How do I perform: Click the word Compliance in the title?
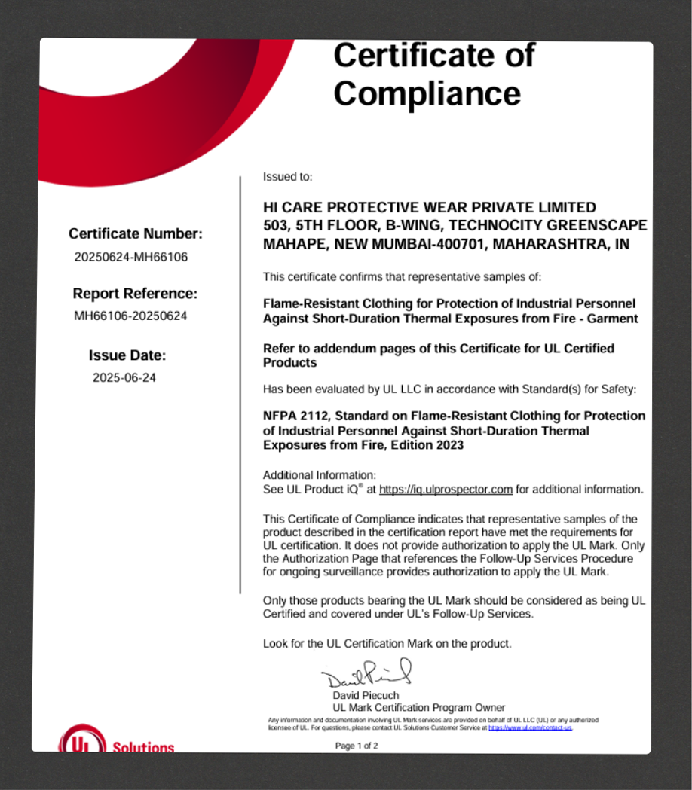point(427,93)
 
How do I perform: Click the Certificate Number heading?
point(136,233)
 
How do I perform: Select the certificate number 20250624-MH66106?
point(131,257)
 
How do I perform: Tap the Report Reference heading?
point(135,293)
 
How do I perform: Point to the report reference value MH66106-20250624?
point(130,316)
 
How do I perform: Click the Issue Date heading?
point(127,355)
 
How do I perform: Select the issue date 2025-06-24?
point(124,378)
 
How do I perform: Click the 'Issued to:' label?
point(287,177)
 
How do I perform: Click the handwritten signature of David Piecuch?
point(367,673)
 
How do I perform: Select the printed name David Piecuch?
point(366,695)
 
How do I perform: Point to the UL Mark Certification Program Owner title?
point(418,708)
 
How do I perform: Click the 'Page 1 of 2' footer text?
point(357,746)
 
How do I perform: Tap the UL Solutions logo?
point(117,742)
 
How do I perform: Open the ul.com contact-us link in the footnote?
point(530,728)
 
